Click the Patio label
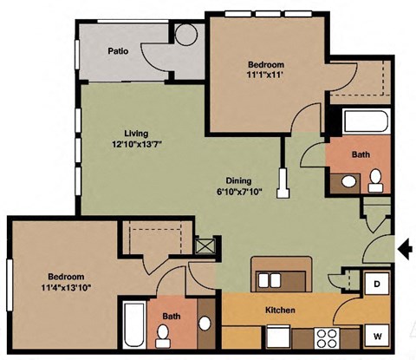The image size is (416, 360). click(x=119, y=51)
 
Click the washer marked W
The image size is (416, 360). click(x=378, y=334)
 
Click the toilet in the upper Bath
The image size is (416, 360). click(x=376, y=180)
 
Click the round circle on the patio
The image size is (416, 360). click(x=187, y=34)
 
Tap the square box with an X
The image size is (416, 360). click(x=205, y=245)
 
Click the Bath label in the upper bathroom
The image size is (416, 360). click(x=361, y=154)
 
